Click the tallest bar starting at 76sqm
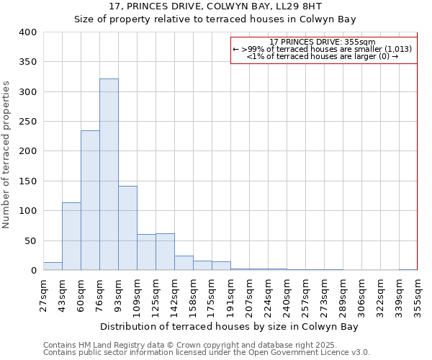109,175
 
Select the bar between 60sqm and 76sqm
90,201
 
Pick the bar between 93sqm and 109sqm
127,228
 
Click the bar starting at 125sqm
165,252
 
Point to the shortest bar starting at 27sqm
53,266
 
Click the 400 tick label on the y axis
27,32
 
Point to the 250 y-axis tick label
27,122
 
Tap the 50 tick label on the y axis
30,241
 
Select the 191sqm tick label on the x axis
231,295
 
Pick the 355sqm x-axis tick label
418,295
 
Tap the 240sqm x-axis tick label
287,295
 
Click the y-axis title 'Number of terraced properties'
6,155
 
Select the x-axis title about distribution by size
229,326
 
